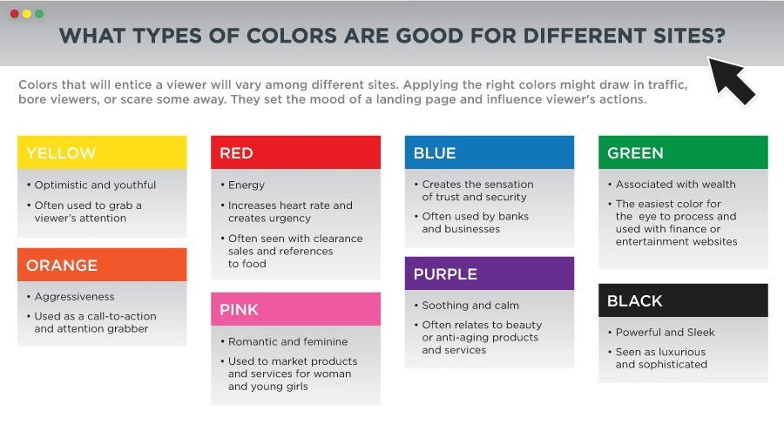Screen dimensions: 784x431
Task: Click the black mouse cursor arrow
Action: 732,79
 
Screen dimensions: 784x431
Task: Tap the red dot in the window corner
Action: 15,14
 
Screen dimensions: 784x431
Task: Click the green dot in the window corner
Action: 39,14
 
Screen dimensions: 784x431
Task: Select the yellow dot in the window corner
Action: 26,14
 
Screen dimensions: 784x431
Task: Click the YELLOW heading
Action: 61,153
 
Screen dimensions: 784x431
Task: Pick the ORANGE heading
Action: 62,265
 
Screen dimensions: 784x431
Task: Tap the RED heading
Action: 236,153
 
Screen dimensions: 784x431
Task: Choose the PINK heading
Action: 239,309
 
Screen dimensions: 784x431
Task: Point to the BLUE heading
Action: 435,153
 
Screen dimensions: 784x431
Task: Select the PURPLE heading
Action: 445,274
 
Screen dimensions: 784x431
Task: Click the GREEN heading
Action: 636,153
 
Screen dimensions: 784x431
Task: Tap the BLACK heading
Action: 635,301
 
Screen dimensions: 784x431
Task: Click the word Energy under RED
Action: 247,185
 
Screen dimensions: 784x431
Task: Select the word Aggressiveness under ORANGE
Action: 75,297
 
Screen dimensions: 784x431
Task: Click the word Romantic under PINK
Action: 251,341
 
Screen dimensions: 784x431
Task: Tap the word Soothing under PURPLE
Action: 444,306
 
